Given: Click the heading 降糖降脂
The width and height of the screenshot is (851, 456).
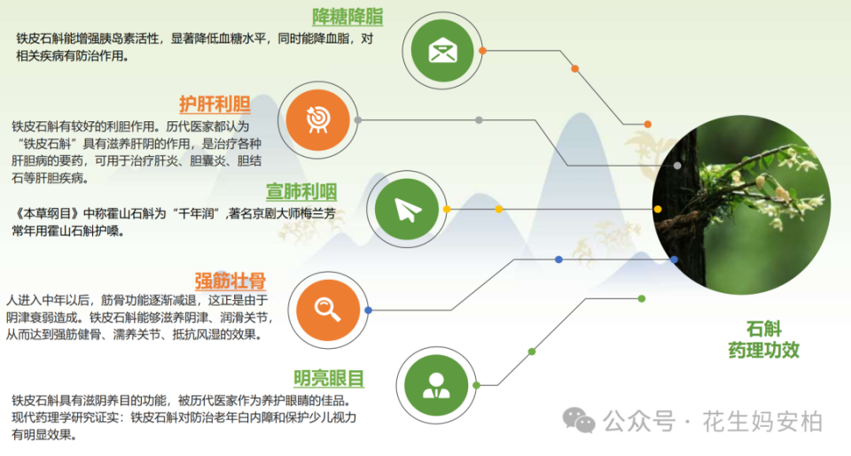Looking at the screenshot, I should click(x=347, y=17).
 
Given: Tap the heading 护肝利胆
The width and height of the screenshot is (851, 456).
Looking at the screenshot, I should click(x=215, y=104).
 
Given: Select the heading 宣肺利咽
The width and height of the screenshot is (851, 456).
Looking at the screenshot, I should click(x=301, y=192).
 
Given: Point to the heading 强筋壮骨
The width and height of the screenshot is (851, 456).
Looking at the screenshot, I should click(x=230, y=282).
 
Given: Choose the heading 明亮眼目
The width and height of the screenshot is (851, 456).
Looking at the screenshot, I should click(x=329, y=379).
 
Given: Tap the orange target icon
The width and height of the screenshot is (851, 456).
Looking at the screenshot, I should click(x=317, y=119).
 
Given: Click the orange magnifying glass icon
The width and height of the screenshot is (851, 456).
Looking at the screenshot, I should click(x=328, y=308).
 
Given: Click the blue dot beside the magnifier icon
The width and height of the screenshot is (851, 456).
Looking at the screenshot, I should click(x=368, y=310).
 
